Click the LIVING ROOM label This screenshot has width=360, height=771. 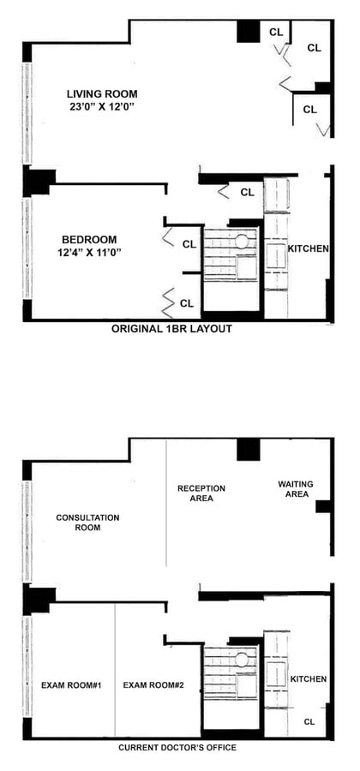click(x=102, y=93)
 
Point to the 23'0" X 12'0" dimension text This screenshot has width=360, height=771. click(x=102, y=106)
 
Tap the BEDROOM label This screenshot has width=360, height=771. click(x=88, y=239)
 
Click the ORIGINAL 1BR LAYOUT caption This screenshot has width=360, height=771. click(x=171, y=328)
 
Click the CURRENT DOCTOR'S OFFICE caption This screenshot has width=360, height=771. click(x=177, y=747)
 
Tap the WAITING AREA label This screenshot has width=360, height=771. click(x=295, y=488)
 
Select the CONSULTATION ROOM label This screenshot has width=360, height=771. click(x=87, y=523)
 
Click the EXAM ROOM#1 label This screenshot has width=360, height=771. click(x=70, y=684)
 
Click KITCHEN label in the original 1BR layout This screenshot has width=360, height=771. click(x=308, y=248)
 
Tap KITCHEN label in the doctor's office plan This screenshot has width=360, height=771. click(x=308, y=678)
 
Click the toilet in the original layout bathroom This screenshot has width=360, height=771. click(x=243, y=241)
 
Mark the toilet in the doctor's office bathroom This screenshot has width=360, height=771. click(x=243, y=659)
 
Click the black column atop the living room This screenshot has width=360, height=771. click(x=248, y=31)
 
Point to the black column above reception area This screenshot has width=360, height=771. click(x=248, y=449)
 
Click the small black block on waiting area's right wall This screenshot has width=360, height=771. click(x=323, y=506)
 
